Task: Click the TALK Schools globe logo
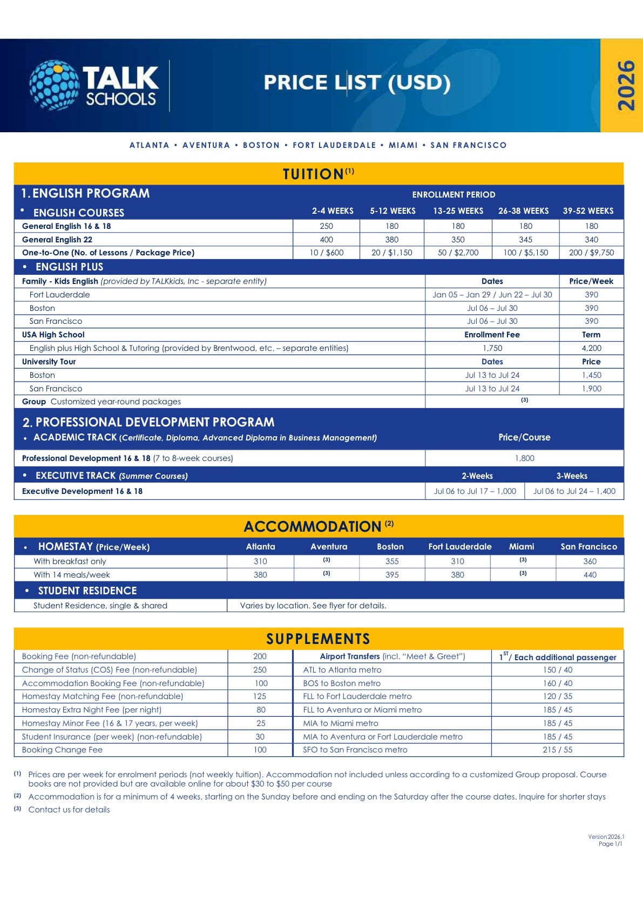coord(54,85)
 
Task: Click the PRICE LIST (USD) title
coord(357,83)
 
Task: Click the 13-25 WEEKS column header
coord(458,211)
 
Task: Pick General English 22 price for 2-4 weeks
coord(326,240)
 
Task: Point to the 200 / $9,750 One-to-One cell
coord(591,253)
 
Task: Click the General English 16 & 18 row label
coord(66,226)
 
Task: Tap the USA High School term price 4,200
coord(591,348)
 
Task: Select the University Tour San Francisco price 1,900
coord(591,389)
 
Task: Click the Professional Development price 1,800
coord(524,458)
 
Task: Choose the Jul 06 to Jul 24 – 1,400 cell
coord(574,491)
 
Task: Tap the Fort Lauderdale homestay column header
coord(459,547)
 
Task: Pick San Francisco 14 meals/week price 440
coord(590,575)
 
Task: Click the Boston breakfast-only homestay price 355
coord(392,561)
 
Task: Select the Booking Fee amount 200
coord(260,656)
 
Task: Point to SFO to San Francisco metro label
coord(355,750)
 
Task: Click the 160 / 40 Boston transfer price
coord(558,683)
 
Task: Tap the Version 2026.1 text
coord(606,837)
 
